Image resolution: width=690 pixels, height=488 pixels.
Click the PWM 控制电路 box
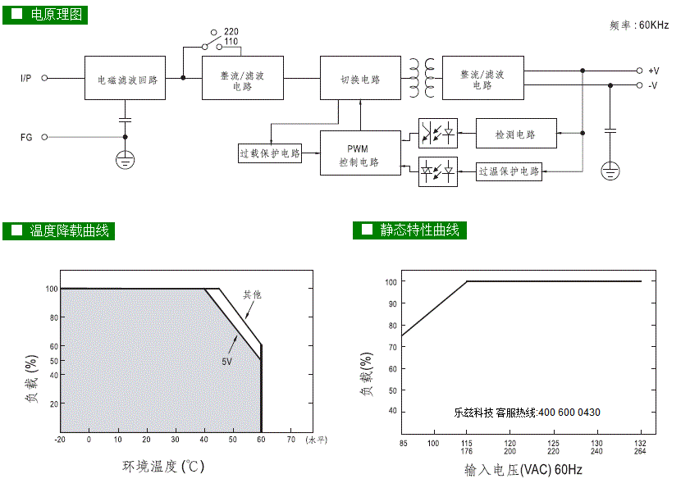360,153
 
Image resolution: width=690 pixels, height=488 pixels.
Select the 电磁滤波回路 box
125,78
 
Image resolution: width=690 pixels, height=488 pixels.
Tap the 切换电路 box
360,78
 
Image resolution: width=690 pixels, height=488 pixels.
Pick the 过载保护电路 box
270,153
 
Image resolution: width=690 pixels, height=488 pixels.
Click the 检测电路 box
516,134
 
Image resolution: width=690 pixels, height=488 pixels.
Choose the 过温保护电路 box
509,171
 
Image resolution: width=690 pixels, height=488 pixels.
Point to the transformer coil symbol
422,78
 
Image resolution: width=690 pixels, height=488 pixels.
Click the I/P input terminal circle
44,78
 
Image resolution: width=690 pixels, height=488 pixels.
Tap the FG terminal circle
44,137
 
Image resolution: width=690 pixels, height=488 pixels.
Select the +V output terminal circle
639,71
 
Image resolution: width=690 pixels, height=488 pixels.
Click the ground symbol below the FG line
125,160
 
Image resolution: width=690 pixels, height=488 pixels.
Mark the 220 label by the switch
231,32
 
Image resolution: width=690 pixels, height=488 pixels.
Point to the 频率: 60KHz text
639,25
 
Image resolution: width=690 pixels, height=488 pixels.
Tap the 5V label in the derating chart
226,362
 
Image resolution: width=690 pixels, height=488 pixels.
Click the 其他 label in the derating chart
252,294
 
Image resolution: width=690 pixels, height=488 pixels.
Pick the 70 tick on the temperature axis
291,439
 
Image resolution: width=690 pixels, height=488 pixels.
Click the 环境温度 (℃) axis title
163,467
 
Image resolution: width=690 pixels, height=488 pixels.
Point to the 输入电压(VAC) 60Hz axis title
523,470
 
